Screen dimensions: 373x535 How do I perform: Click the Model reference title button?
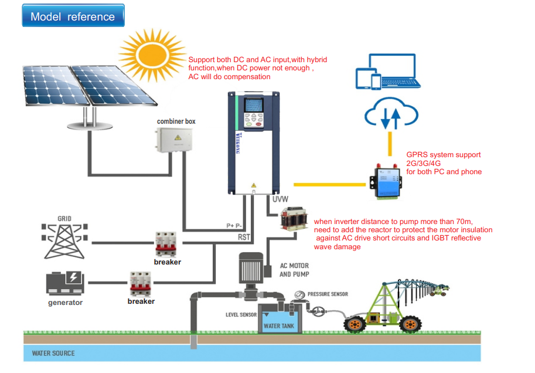(73, 16)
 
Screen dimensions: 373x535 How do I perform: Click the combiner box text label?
(176, 121)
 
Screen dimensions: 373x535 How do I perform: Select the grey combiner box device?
(173, 141)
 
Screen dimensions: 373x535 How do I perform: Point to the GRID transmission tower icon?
(64, 240)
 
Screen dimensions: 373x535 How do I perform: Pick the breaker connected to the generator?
(141, 283)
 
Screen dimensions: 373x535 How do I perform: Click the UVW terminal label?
(280, 199)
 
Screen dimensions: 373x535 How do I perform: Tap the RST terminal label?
(245, 237)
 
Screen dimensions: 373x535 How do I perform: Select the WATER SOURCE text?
(53, 353)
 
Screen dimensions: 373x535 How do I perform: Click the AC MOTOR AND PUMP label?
(294, 270)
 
